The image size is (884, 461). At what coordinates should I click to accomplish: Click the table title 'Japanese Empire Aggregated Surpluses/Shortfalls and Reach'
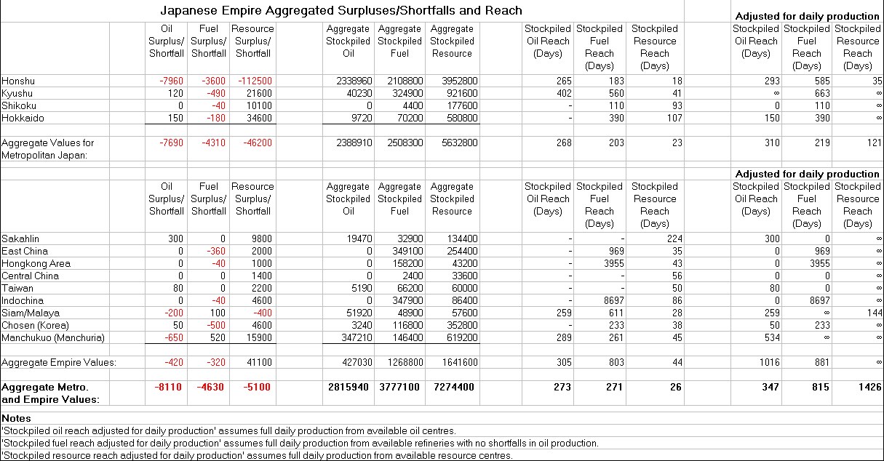pyautogui.click(x=341, y=11)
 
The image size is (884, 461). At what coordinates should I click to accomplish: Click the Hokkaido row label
pyautogui.click(x=22, y=118)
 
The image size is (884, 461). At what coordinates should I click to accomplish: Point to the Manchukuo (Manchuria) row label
pyautogui.click(x=53, y=337)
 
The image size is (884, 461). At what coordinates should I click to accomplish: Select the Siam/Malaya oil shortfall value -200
pyautogui.click(x=172, y=313)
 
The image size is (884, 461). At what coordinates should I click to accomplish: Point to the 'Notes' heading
pyautogui.click(x=17, y=418)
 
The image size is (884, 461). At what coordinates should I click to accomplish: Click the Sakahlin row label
pyautogui.click(x=20, y=238)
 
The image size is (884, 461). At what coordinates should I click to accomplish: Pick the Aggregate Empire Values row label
pyautogui.click(x=58, y=362)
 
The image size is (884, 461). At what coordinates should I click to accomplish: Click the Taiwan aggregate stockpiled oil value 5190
pyautogui.click(x=361, y=288)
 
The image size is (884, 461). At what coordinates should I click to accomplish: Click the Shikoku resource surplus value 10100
pyautogui.click(x=258, y=105)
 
